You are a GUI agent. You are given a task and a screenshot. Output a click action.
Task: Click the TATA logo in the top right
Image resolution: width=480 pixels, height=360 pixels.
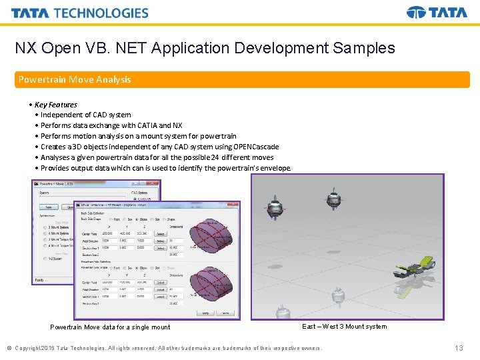tap(437, 13)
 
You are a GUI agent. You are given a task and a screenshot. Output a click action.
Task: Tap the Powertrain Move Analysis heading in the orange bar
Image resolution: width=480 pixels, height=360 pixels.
tap(75, 79)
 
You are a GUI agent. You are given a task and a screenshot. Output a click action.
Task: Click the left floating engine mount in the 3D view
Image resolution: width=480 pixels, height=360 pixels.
tap(273, 205)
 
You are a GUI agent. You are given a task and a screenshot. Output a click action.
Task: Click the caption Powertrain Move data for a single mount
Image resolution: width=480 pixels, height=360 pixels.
tap(110, 327)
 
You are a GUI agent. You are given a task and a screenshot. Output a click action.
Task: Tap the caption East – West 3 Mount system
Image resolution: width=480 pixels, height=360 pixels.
tap(344, 326)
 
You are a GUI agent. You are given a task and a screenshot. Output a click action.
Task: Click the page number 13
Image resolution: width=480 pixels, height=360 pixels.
tap(459, 348)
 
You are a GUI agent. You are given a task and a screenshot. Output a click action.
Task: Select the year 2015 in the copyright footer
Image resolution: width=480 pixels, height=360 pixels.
tap(47, 348)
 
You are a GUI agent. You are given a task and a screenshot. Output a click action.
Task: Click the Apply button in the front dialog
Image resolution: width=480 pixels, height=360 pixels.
tap(206, 313)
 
